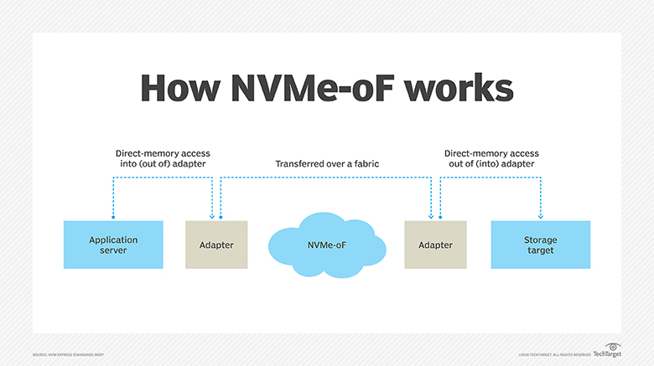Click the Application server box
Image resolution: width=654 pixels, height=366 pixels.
(113, 245)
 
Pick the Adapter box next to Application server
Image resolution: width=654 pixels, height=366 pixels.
(216, 245)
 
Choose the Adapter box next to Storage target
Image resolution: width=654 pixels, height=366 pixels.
(435, 245)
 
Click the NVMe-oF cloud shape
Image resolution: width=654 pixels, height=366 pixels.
(326, 245)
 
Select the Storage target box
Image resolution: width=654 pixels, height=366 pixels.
(540, 245)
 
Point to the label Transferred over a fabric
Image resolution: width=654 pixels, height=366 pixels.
(327, 164)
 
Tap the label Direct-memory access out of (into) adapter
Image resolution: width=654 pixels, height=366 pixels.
(491, 158)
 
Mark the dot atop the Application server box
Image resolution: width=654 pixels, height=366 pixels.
(113, 220)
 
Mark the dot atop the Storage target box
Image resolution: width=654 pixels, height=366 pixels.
(540, 220)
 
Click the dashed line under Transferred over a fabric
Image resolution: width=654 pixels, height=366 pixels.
(326, 177)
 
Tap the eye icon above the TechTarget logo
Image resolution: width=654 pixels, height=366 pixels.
(613, 345)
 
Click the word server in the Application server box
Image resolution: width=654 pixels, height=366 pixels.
(113, 250)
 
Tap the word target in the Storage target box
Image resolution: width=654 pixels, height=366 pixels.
(540, 250)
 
